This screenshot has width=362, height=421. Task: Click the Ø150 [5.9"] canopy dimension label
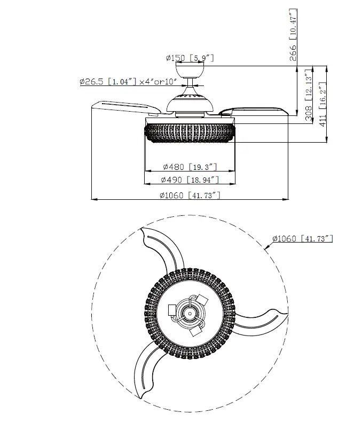[x=190, y=58]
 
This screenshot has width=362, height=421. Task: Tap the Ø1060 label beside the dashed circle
[x=302, y=239]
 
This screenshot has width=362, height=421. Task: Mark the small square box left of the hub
[x=171, y=309]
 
